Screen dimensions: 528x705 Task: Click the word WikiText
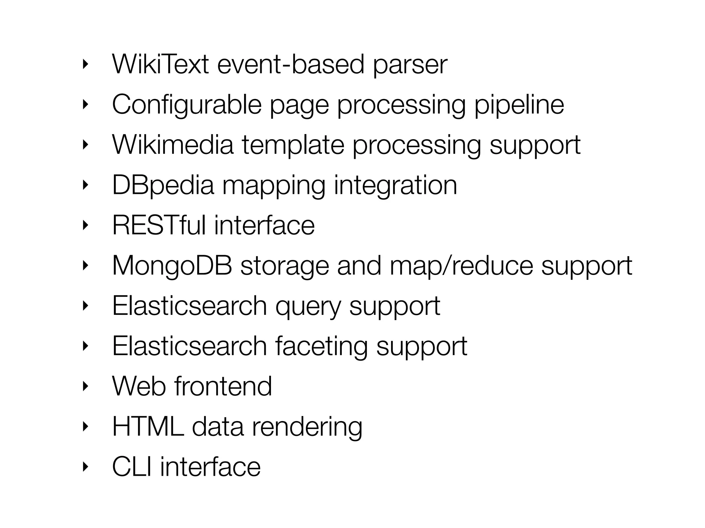(160, 64)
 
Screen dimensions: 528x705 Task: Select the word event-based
(291, 64)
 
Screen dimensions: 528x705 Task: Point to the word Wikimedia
(173, 144)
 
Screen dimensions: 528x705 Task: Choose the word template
(293, 144)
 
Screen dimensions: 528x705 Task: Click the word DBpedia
(163, 185)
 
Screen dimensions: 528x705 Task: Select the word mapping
(274, 186)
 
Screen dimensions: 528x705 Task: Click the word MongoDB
(172, 265)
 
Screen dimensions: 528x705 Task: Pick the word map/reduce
(461, 265)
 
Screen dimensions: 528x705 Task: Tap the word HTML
(148, 426)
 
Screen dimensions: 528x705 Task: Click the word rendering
(307, 427)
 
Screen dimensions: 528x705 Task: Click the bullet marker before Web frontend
(85, 386)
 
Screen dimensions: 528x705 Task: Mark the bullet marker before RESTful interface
(85, 225)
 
